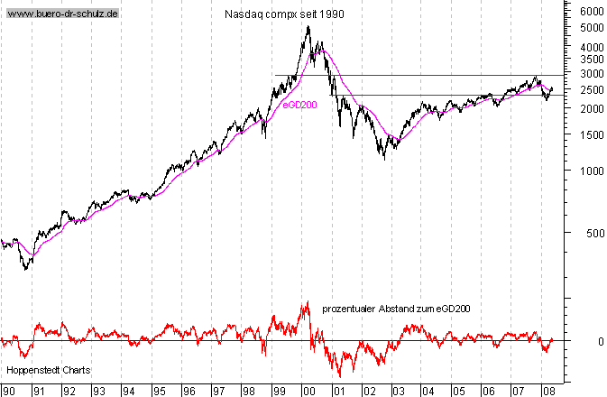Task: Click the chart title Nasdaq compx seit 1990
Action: point(283,14)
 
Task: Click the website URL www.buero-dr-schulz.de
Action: point(62,15)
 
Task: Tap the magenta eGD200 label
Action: point(299,105)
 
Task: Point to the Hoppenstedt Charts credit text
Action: point(43,370)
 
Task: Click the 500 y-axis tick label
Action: point(592,233)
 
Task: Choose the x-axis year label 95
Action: point(158,391)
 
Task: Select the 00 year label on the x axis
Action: point(308,391)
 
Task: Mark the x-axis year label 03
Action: point(398,391)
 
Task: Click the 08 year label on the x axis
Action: point(547,391)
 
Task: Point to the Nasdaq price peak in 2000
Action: point(308,26)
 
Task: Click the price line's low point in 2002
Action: point(384,159)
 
